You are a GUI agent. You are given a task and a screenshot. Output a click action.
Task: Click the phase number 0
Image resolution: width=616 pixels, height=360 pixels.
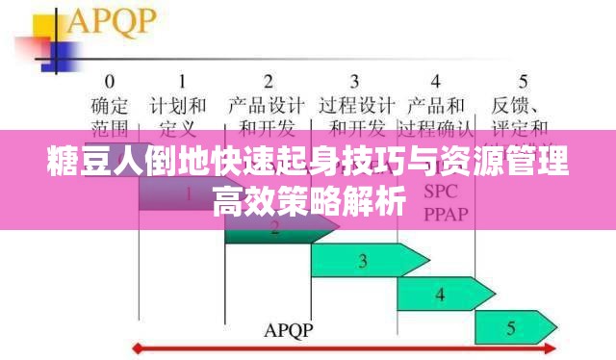(110, 81)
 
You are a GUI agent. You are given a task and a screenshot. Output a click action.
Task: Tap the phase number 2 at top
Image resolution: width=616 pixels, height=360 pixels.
(269, 81)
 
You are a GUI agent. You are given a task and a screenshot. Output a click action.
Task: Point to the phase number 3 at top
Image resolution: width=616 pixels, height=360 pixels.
(354, 81)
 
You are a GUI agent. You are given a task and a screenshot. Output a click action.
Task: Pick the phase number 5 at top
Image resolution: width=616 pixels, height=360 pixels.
(523, 81)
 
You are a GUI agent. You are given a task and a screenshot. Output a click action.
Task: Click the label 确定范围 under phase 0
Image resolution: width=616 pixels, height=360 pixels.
(110, 115)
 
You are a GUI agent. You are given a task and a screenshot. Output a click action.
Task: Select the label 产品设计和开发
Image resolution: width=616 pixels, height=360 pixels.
(269, 115)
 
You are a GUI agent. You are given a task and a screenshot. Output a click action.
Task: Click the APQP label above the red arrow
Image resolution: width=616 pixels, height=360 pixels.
(289, 329)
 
